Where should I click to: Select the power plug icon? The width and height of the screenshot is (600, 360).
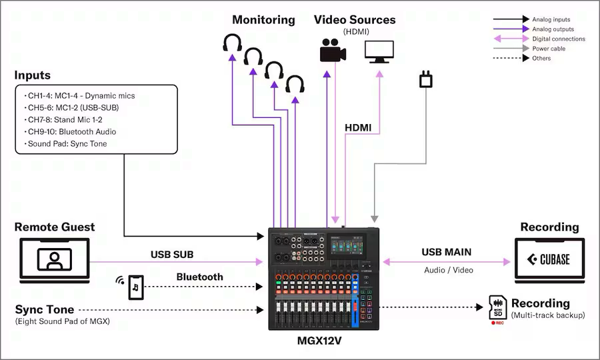[x=425, y=80]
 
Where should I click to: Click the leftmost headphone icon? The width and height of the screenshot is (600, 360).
[x=232, y=43]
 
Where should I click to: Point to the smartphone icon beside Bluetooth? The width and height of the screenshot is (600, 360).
[x=135, y=287]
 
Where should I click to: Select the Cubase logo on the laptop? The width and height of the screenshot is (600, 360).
[x=549, y=260]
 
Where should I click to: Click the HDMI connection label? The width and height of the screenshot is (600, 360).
[x=358, y=127]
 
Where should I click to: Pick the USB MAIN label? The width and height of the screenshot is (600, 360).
[x=446, y=253]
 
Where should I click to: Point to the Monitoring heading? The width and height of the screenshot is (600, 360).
[x=263, y=20]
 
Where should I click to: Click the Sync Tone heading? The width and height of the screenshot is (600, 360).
[x=44, y=309]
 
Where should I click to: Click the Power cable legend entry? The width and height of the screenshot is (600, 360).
[x=549, y=49]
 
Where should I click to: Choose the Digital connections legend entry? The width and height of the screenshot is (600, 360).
[x=558, y=39]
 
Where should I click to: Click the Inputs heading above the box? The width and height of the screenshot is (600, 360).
[x=32, y=75]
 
